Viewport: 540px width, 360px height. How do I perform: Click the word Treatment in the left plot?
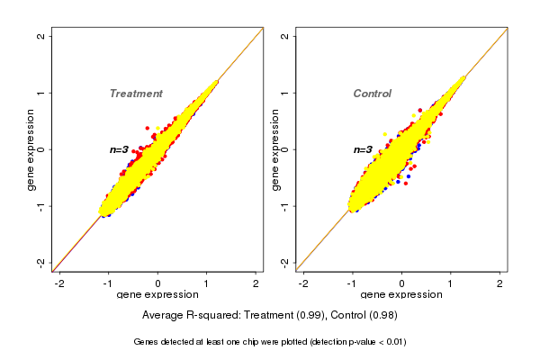click(136, 94)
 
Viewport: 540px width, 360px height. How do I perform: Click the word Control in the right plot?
click(372, 94)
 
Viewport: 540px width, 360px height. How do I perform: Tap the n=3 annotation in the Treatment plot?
click(120, 149)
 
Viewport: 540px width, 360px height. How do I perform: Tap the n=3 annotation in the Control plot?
click(363, 149)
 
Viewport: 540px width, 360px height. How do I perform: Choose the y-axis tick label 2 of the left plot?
click(41, 36)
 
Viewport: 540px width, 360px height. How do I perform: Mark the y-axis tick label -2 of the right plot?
click(284, 262)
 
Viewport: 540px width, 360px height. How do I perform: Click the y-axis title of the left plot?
click(31, 149)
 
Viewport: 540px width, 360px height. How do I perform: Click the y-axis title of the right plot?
click(274, 149)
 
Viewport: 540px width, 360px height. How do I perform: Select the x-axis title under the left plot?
click(157, 295)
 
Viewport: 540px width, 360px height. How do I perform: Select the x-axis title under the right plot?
click(401, 295)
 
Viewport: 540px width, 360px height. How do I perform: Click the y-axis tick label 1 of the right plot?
click(284, 93)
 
